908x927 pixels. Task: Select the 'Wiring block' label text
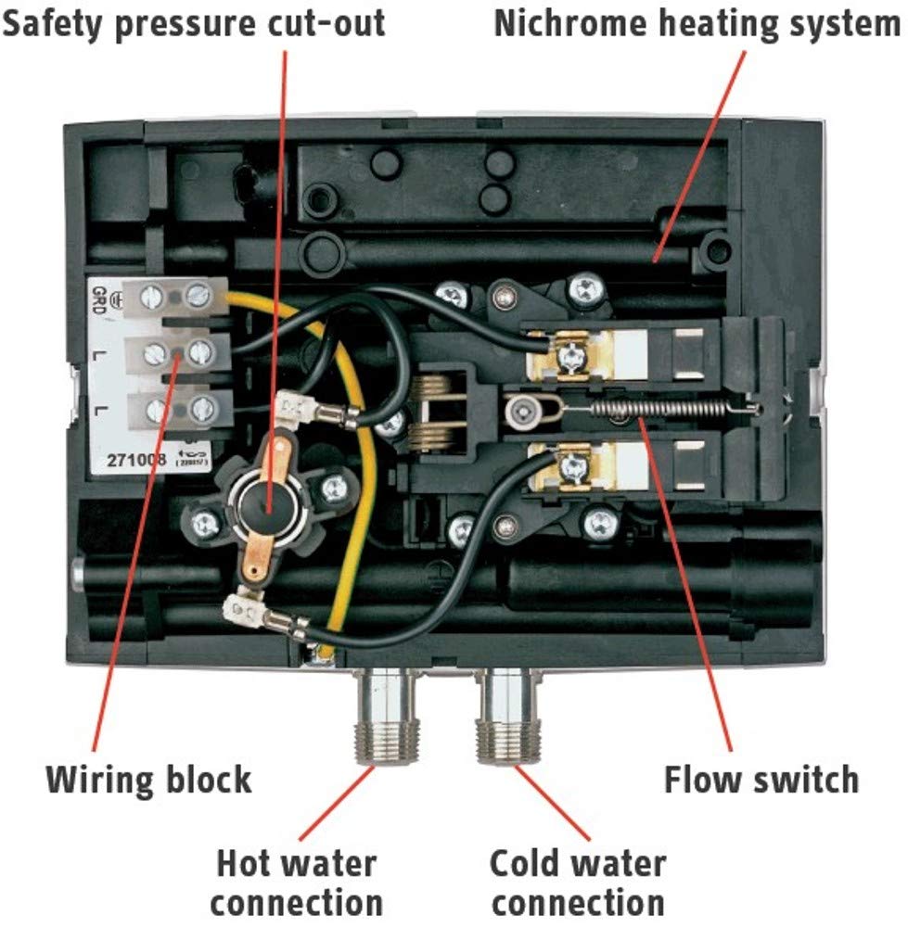tap(148, 779)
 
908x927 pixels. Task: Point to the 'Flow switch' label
tap(761, 779)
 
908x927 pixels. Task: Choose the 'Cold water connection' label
tap(577, 882)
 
